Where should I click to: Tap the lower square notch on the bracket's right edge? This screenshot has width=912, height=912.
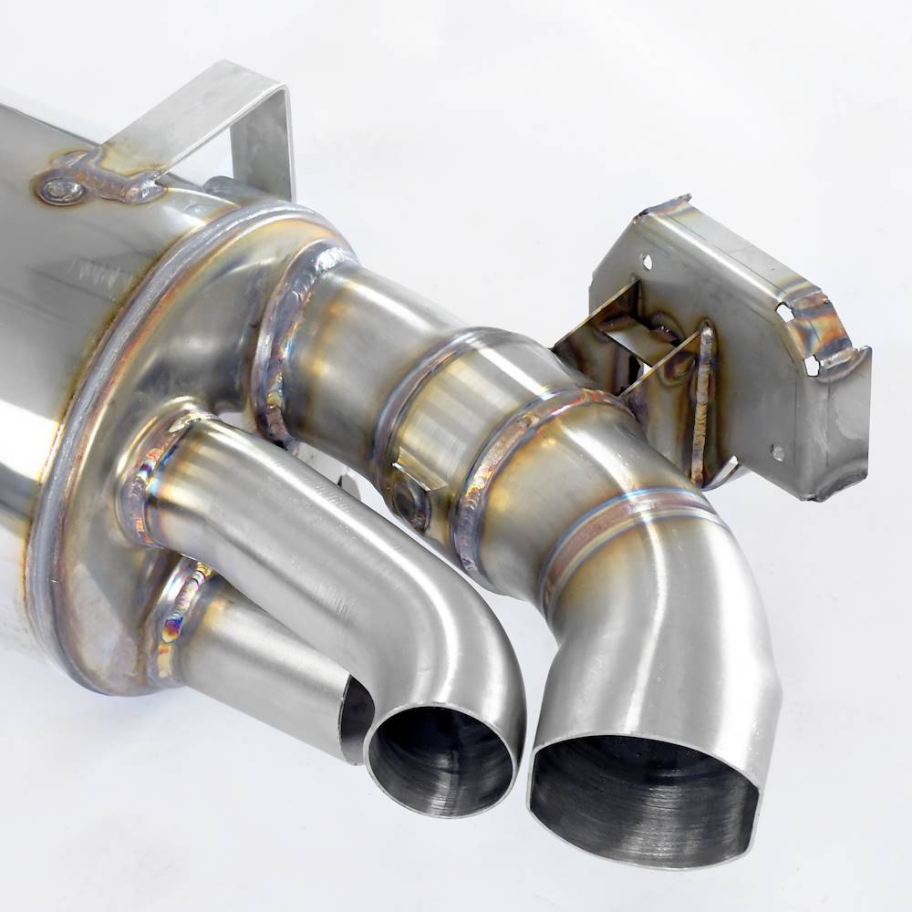click(811, 364)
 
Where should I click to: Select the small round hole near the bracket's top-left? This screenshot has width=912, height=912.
click(647, 262)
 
